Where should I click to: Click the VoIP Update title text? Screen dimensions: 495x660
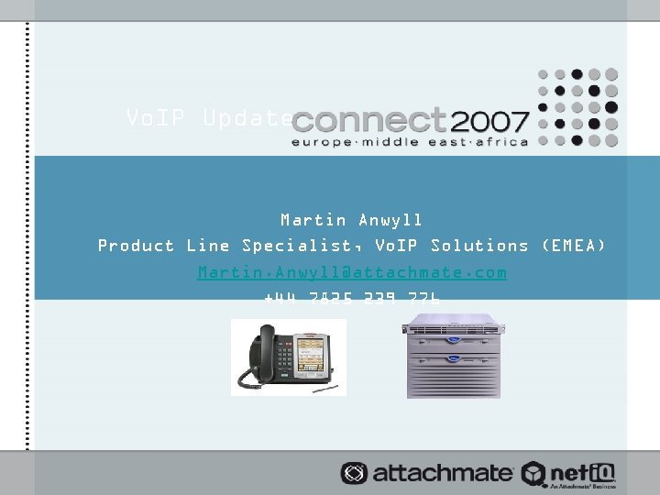point(210,118)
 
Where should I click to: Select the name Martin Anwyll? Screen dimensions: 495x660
point(352,220)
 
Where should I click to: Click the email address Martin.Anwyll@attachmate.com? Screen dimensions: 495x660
point(352,272)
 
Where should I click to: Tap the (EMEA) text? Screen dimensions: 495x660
point(573,246)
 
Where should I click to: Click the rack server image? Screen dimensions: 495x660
point(454,356)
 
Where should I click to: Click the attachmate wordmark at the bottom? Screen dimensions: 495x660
point(441,473)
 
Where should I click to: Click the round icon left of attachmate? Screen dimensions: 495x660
point(354,473)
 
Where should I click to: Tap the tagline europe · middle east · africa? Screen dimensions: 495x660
point(409,142)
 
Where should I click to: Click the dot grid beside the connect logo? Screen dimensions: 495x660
point(577,107)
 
